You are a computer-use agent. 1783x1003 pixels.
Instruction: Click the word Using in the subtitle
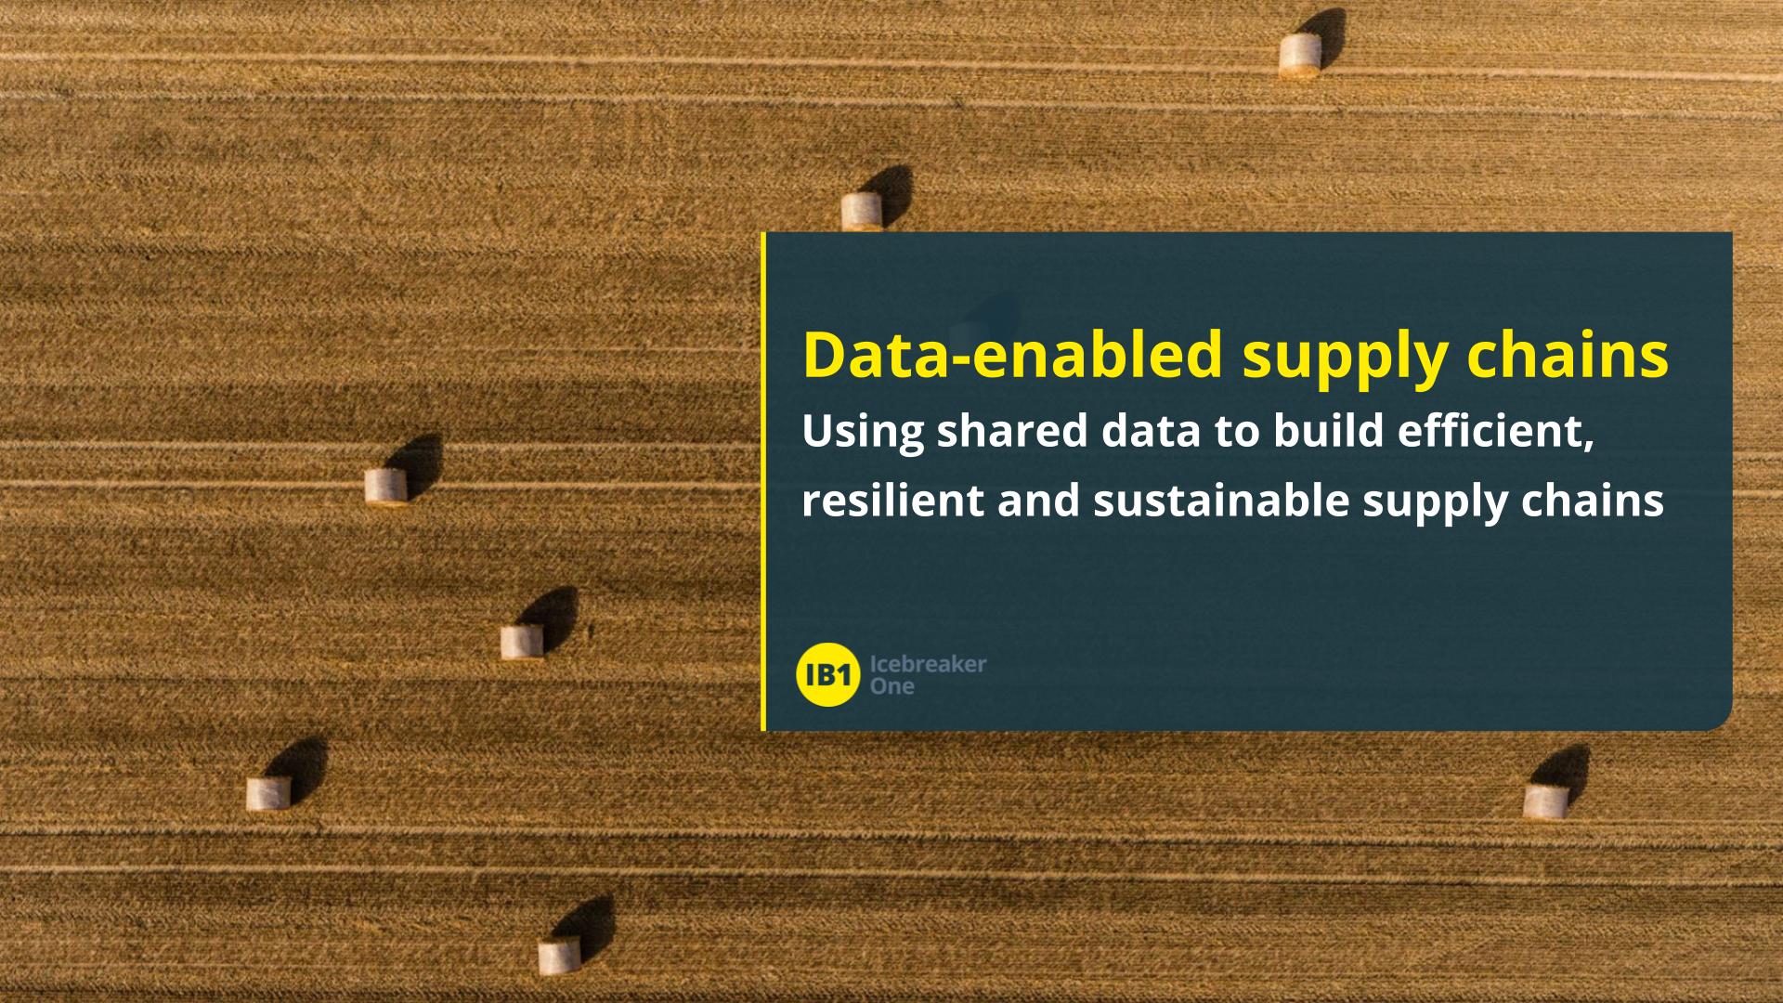click(863, 434)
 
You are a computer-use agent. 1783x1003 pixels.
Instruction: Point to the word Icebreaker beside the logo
click(928, 664)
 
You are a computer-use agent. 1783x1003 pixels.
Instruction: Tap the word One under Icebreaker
click(891, 686)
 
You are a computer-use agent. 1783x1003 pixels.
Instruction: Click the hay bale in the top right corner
click(1299, 55)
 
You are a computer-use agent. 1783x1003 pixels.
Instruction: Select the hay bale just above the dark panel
click(861, 212)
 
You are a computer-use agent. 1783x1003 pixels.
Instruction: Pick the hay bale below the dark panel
click(1545, 801)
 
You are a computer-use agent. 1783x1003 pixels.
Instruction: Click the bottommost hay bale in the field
click(559, 956)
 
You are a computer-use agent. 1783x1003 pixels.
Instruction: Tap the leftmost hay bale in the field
click(268, 793)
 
